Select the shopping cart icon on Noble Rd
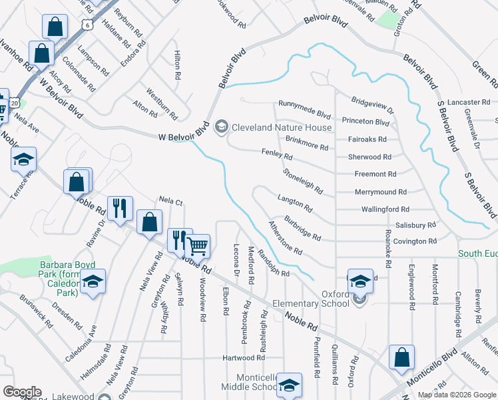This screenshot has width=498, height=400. tap(198, 245)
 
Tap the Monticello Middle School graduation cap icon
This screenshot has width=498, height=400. tap(290, 385)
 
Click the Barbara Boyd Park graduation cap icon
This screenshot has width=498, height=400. tap(94, 283)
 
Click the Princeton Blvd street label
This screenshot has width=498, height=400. tap(366, 122)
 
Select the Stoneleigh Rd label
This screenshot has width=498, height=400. tap(303, 181)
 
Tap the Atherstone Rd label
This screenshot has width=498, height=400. tap(285, 239)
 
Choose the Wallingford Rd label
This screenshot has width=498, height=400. tap(385, 209)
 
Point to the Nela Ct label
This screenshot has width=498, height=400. tap(170, 199)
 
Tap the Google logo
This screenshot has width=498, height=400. tap(22, 392)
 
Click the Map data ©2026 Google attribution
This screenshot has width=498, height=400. tap(457, 395)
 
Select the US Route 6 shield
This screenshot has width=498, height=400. tap(88, 24)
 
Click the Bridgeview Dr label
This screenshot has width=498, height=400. tap(373, 105)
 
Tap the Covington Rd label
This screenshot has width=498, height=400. tap(414, 241)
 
